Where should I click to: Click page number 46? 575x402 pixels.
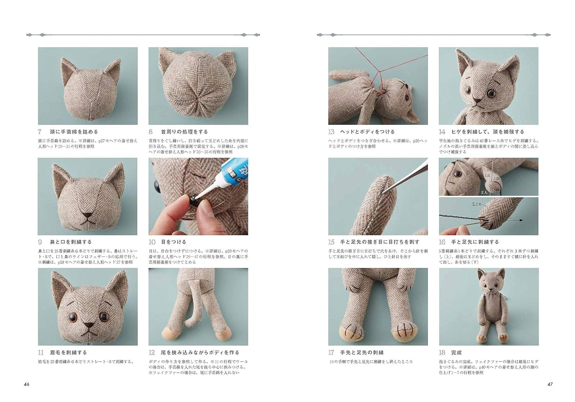point(26,384)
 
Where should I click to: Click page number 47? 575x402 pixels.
point(550,384)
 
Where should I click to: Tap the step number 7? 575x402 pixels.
point(40,132)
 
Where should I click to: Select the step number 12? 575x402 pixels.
point(152,353)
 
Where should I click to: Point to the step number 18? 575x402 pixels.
point(442,353)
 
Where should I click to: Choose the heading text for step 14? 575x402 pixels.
point(487,132)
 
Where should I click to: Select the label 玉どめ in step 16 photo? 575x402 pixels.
point(477,204)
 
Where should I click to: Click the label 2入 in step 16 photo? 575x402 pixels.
point(484,192)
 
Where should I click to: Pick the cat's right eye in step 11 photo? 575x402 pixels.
point(73,316)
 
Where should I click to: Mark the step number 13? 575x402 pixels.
point(331,132)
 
